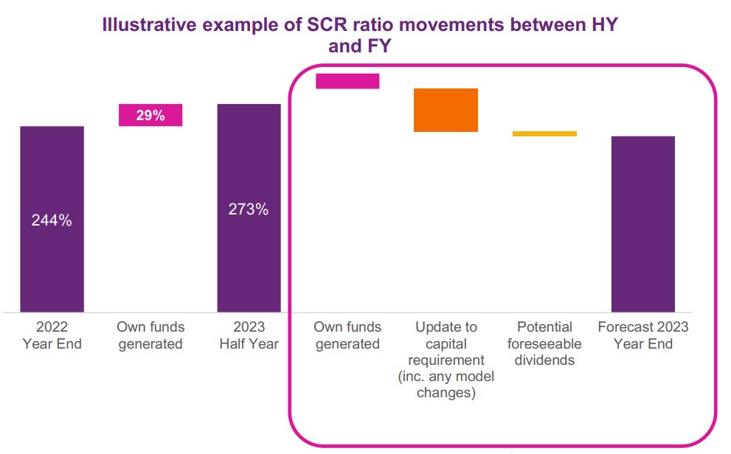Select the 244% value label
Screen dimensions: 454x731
click(x=52, y=220)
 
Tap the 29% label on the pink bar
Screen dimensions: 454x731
click(x=150, y=115)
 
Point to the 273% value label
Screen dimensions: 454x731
click(x=249, y=209)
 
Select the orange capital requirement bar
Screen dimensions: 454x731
click(x=446, y=110)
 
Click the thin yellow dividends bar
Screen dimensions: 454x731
click(x=544, y=133)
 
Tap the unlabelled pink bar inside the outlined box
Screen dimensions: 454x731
click(x=347, y=81)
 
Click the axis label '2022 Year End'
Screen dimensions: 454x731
click(x=52, y=335)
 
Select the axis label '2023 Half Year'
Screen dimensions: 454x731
click(x=249, y=335)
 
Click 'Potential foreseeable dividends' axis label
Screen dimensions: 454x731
click(x=544, y=343)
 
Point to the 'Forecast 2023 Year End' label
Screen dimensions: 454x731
click(x=643, y=335)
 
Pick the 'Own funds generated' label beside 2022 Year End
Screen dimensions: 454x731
click(x=150, y=335)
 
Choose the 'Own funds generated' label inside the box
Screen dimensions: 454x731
click(x=347, y=335)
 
